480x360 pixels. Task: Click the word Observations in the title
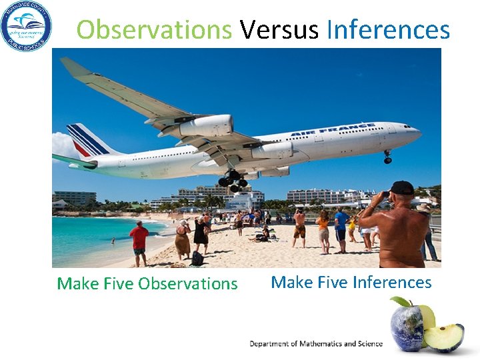tap(154, 29)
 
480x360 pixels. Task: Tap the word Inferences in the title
tap(388, 29)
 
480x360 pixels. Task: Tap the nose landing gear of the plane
tap(387, 157)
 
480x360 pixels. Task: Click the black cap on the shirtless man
tap(401, 188)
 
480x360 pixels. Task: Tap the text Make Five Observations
tap(147, 283)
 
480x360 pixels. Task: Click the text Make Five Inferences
tap(351, 282)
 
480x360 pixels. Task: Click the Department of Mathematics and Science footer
tap(316, 343)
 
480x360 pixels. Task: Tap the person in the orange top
tap(323, 230)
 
